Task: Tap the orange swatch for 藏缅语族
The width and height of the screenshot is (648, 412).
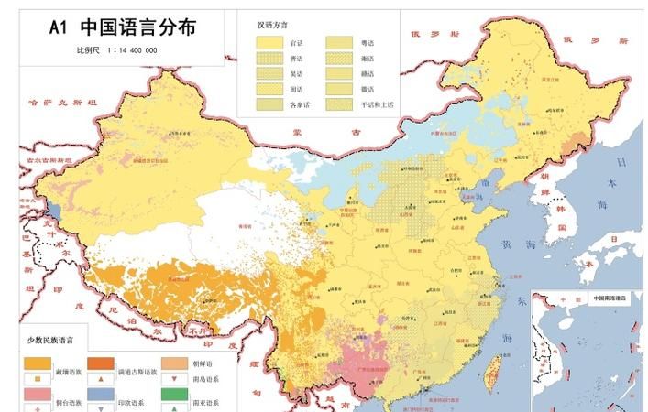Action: [x=38, y=363]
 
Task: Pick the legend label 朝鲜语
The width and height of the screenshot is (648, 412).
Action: [x=203, y=363]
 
